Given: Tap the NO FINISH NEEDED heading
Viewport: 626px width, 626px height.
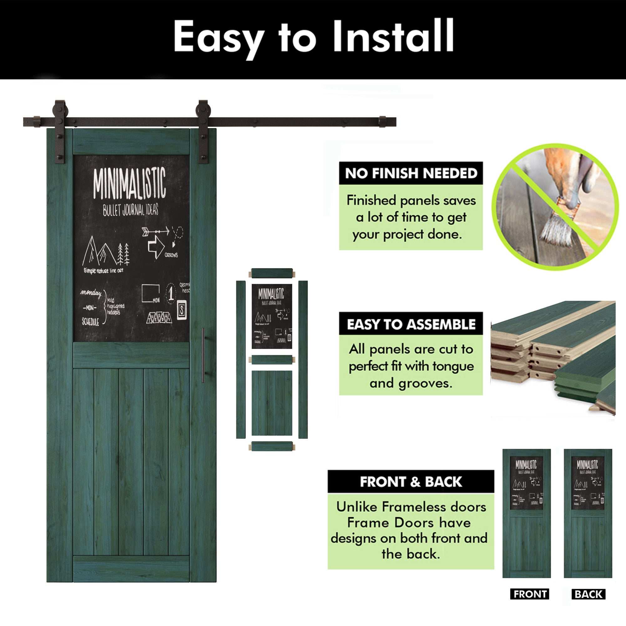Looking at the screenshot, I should (x=411, y=173).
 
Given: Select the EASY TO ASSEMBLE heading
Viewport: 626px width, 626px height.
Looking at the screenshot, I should (x=411, y=324).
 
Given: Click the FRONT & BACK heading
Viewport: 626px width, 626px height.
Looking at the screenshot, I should (x=411, y=482).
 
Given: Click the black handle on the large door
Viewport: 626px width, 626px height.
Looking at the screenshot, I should (x=203, y=355).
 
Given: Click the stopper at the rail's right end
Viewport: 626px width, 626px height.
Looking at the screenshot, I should (x=383, y=121).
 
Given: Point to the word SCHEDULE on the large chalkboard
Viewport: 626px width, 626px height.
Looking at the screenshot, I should (x=90, y=322).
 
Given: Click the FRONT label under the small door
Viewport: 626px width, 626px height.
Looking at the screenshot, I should (x=530, y=594).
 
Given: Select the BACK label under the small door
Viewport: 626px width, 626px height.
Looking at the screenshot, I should (x=588, y=594).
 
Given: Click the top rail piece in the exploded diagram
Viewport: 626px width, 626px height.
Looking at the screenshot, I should (x=272, y=273).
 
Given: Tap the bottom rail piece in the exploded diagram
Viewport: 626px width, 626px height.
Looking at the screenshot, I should (x=272, y=446).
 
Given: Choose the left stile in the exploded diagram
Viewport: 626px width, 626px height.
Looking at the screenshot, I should (x=241, y=359).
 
